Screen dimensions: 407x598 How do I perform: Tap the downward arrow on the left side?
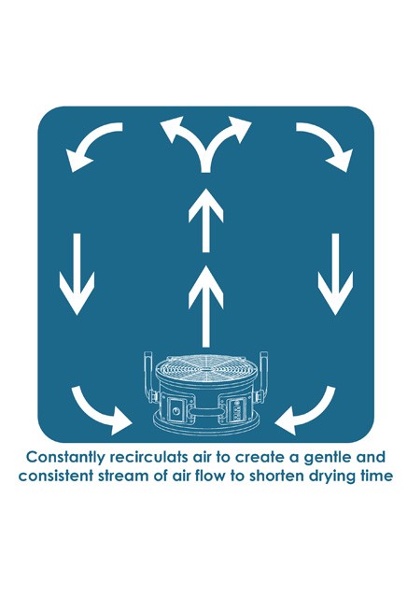pyautogui.click(x=77, y=275)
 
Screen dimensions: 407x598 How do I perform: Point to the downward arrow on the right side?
pyautogui.click(x=336, y=275)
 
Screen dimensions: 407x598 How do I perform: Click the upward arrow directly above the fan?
pyautogui.click(x=205, y=306)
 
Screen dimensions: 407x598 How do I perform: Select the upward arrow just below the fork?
pyautogui.click(x=205, y=221)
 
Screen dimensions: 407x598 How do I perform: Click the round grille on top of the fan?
pyautogui.click(x=205, y=369)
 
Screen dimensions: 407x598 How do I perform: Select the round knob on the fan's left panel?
pyautogui.click(x=176, y=411)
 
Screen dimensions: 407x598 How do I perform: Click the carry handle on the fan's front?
pyautogui.click(x=205, y=412)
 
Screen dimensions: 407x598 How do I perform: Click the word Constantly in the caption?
pyautogui.click(x=62, y=457)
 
